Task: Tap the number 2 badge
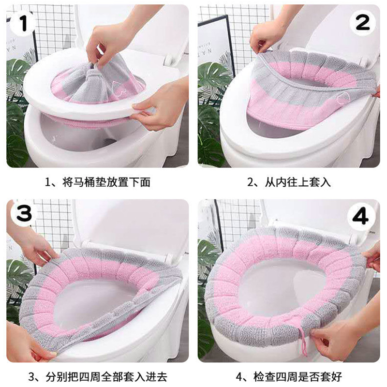(x=362, y=23)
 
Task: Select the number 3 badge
(x=24, y=213)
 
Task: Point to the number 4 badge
(x=360, y=217)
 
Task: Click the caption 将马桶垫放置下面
(x=106, y=182)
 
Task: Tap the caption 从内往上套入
(x=298, y=182)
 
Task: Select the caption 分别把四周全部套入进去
(x=106, y=377)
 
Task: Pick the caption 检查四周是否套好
(x=298, y=377)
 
